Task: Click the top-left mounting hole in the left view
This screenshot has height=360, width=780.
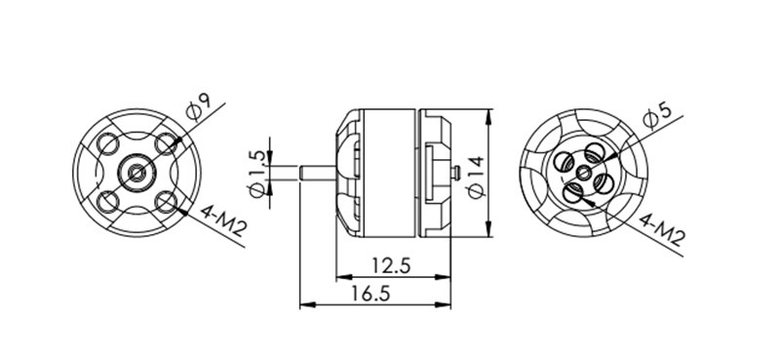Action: (x=108, y=146)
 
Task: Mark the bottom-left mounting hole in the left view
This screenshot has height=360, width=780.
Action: (x=108, y=203)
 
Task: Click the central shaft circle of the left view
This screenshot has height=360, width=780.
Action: (x=136, y=175)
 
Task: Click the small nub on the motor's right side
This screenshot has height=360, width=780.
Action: (x=457, y=174)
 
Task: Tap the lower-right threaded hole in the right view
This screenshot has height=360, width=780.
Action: (x=603, y=183)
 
